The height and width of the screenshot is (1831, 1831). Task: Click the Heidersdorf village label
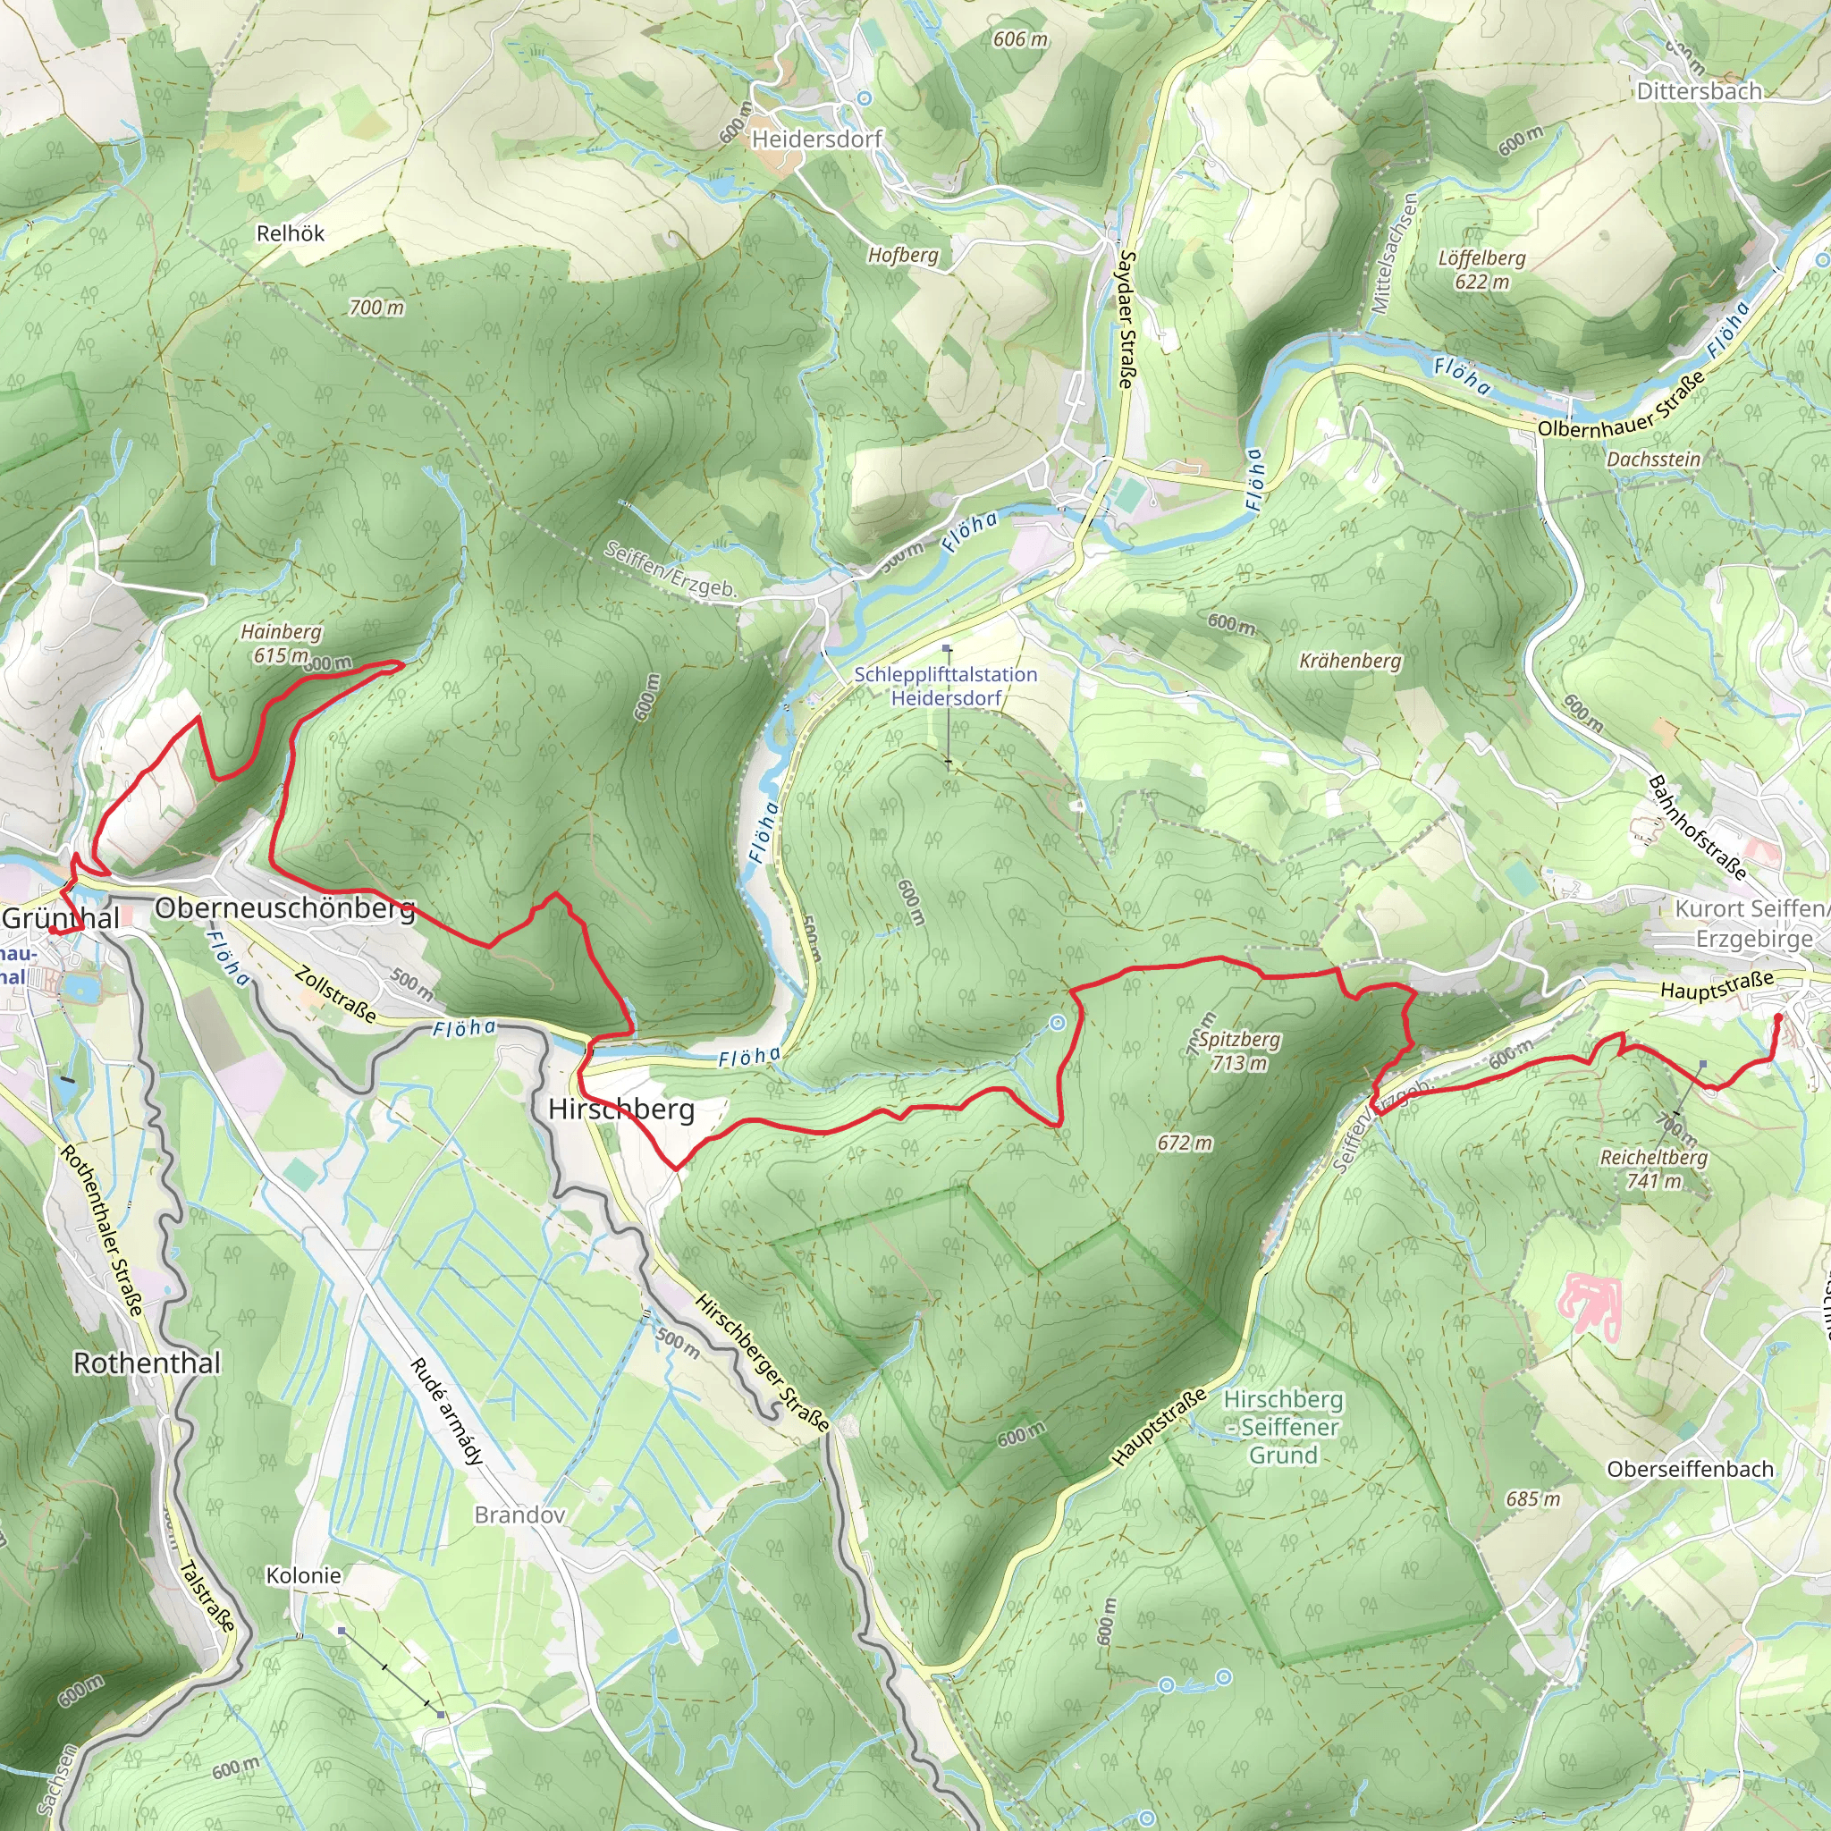click(x=816, y=139)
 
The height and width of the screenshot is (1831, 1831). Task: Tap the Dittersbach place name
click(x=1700, y=92)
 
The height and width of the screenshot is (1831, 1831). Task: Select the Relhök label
click(x=290, y=233)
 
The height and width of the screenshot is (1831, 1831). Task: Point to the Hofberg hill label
click(x=902, y=255)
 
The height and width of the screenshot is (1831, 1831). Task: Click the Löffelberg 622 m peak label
click(x=1481, y=269)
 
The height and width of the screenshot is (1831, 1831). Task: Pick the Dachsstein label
click(x=1653, y=459)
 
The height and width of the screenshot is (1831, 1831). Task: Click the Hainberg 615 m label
click(x=282, y=643)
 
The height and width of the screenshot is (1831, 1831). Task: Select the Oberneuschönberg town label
click(x=284, y=908)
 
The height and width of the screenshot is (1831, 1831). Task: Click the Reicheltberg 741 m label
click(x=1654, y=1169)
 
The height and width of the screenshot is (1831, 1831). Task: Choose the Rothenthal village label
click(x=147, y=1363)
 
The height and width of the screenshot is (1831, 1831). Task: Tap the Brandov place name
click(x=519, y=1515)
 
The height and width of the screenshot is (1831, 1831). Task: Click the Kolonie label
click(x=303, y=1575)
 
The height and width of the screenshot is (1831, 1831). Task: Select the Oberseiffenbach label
click(x=1690, y=1469)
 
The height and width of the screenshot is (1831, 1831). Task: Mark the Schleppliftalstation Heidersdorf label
click(x=946, y=686)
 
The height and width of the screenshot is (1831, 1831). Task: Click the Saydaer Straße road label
click(x=1126, y=318)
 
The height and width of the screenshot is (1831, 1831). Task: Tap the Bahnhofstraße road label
click(x=1698, y=826)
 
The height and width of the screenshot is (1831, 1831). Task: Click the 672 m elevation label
click(x=1184, y=1143)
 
